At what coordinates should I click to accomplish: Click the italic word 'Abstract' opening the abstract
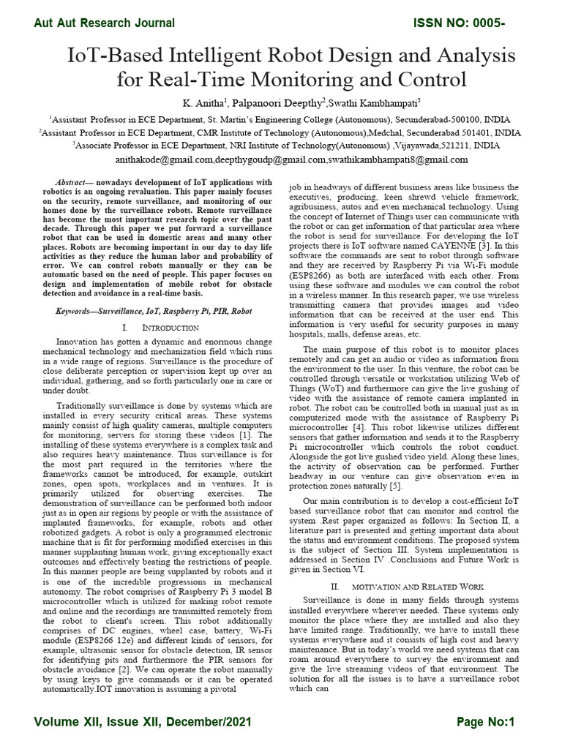coord(71,181)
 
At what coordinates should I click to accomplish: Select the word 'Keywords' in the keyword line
coord(75,311)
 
